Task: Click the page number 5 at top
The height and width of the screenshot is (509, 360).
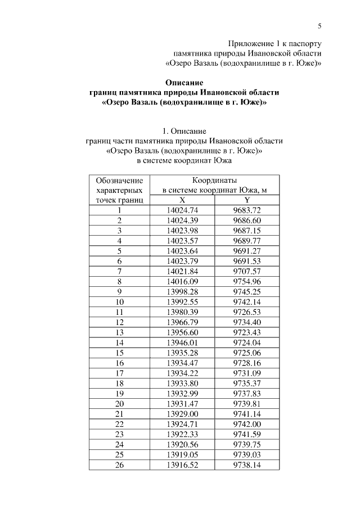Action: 319,25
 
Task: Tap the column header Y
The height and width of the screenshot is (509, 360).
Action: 247,200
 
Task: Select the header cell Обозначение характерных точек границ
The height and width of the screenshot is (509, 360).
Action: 119,190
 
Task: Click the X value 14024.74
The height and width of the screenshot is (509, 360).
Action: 183,210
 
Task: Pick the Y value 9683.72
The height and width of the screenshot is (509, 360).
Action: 247,210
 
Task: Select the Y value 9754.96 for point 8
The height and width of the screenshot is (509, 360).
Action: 247,281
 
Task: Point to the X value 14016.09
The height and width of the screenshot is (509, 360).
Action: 183,281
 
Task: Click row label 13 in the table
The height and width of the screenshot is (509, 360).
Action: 119,332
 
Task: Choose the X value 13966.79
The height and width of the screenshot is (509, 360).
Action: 183,322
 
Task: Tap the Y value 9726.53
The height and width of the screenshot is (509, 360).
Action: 247,312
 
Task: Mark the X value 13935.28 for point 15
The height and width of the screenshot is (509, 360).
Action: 183,352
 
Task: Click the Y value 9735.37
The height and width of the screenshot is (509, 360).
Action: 247,382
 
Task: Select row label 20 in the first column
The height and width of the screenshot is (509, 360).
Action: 119,403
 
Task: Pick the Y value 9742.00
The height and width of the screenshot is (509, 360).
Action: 247,423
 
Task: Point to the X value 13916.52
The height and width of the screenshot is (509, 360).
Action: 183,463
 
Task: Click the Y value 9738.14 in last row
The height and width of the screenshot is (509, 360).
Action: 247,463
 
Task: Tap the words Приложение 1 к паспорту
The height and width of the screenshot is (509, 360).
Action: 274,43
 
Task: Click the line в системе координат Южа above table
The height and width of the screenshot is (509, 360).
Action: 184,160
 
